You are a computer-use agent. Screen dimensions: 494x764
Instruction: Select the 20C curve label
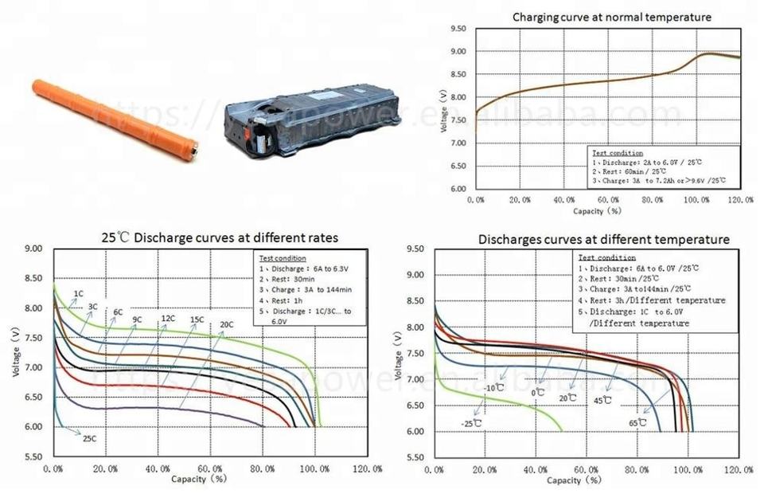coord(227,324)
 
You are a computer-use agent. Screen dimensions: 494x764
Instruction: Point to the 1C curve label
coord(79,294)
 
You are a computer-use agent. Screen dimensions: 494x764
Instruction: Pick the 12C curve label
coord(168,319)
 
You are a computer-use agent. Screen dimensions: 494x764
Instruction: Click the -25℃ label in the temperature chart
coord(472,423)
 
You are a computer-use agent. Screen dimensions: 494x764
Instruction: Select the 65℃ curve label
coord(637,422)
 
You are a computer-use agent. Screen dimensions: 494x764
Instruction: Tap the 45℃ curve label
coord(602,400)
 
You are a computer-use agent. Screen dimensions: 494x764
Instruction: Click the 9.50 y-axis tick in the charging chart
coord(457,29)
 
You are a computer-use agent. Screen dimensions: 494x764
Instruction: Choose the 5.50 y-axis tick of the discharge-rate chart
coord(32,457)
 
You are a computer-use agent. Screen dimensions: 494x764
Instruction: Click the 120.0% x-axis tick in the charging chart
coord(740,200)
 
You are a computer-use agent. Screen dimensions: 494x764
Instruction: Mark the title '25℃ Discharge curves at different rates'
coord(219,237)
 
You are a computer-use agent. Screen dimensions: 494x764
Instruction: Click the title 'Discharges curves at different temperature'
coord(603,239)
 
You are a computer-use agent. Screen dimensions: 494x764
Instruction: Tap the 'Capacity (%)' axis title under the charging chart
coord(597,211)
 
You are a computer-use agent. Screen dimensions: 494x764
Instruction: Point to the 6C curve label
coord(118,312)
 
